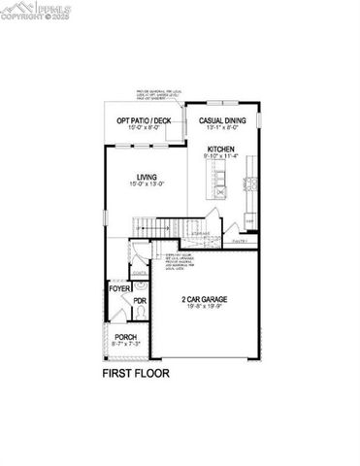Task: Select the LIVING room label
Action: coord(146,176)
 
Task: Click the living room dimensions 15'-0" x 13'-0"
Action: coord(146,183)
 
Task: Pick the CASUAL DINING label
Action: coord(223,121)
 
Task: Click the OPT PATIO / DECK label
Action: coord(144,121)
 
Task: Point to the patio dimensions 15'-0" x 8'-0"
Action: coord(144,128)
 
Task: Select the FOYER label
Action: coord(118,289)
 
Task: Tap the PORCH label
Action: coord(123,337)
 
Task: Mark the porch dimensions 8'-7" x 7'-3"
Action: coord(123,345)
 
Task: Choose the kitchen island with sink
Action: coord(212,179)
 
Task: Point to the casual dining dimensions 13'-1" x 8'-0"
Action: coord(223,128)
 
